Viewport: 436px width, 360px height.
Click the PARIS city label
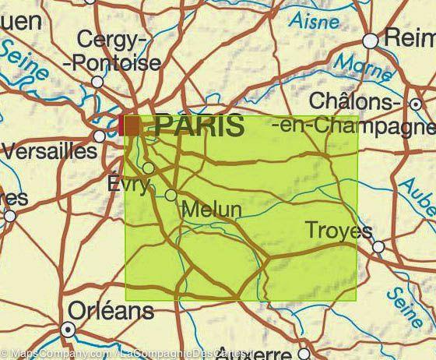tap(199, 125)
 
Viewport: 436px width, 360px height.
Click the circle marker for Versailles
tap(99, 136)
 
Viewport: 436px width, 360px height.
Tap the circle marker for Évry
tap(148, 168)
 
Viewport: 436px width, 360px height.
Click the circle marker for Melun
tap(171, 195)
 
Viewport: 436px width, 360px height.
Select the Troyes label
tap(339, 231)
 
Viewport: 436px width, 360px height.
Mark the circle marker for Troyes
tap(378, 247)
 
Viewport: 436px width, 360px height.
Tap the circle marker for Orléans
tap(68, 330)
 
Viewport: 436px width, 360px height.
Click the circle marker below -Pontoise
tap(97, 82)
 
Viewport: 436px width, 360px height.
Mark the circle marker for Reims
tap(371, 41)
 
